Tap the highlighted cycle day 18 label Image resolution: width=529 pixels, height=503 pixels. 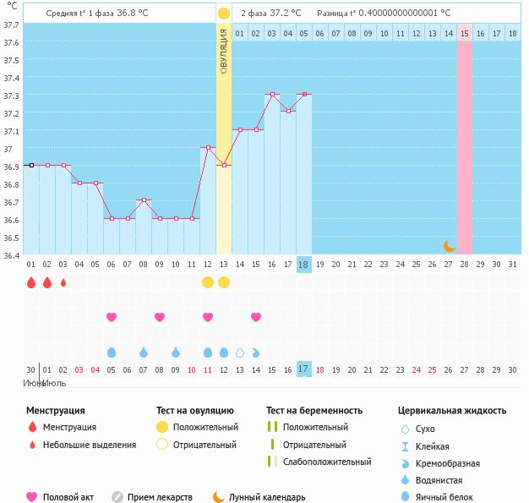coord(303,265)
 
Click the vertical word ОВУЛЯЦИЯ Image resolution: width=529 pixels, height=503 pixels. coord(224,51)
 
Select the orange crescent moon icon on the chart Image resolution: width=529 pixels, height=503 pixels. coord(450,246)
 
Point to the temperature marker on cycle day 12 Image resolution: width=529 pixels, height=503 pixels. coord(208,148)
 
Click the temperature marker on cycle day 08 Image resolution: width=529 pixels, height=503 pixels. coord(144,200)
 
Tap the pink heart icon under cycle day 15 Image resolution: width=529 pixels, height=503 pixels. coord(256,317)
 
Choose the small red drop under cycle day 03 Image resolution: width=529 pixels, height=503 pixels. coord(63,282)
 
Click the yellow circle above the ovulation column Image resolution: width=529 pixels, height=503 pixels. coord(223,14)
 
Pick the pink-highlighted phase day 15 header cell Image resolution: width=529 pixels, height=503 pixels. coord(465,33)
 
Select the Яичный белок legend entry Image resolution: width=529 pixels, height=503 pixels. coord(444,498)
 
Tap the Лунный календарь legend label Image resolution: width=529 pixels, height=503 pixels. coord(267,498)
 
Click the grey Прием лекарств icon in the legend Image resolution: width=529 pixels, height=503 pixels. coord(117,497)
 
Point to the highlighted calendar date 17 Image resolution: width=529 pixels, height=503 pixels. coord(303,369)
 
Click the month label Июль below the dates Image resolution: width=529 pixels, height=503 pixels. coord(55,383)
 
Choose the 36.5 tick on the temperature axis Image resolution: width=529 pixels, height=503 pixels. coord(12,238)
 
